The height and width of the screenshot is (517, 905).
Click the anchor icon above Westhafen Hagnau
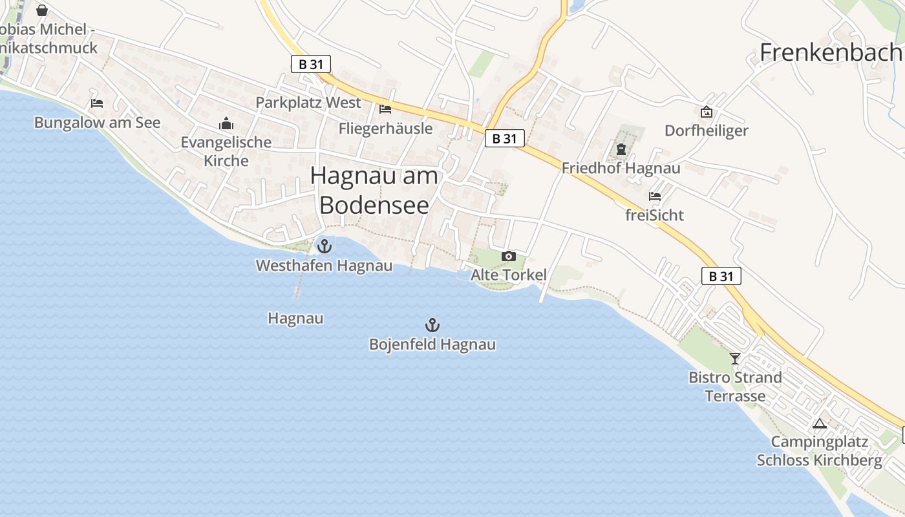(324, 246)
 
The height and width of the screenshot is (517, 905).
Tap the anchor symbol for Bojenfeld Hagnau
(432, 324)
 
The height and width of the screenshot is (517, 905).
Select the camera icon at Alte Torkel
(509, 257)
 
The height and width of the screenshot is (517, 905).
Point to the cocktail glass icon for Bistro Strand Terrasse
(735, 358)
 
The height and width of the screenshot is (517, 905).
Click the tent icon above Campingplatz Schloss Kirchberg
(820, 424)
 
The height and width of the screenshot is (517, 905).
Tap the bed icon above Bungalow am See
(97, 103)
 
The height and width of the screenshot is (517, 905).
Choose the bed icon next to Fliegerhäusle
(386, 109)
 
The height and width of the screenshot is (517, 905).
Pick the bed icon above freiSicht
(655, 196)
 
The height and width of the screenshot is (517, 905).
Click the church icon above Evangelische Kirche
(226, 123)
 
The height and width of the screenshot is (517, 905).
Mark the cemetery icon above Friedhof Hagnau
(621, 150)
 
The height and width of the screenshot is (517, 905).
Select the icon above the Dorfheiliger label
(707, 112)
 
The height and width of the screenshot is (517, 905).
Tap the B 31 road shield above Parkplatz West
(311, 63)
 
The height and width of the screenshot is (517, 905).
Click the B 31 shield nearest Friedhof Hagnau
(505, 138)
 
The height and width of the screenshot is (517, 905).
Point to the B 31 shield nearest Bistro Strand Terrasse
(721, 276)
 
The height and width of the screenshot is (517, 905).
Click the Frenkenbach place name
(831, 52)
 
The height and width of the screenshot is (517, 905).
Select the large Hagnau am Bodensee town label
(374, 190)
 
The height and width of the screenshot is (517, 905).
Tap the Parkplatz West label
(308, 103)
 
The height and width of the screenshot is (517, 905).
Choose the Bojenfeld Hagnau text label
(432, 344)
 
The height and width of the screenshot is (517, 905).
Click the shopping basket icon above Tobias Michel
(42, 10)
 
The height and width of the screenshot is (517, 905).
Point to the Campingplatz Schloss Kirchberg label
(819, 451)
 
